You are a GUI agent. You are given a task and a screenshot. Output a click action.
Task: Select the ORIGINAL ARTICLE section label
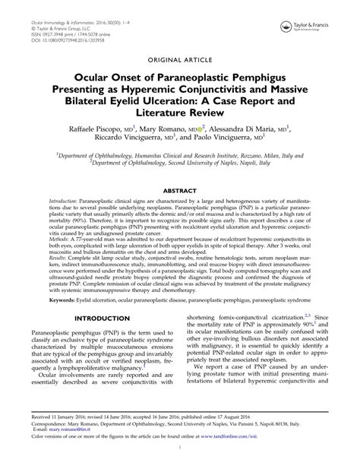(179, 57)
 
